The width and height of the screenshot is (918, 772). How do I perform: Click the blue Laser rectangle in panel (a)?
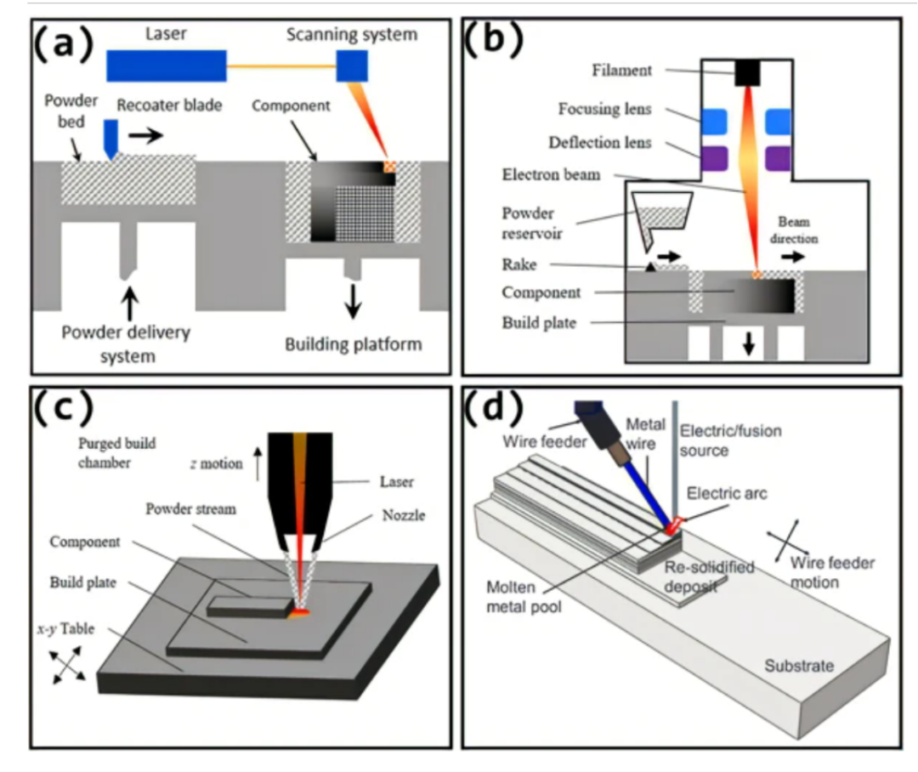[x=167, y=65]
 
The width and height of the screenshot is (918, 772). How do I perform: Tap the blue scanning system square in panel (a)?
[x=352, y=65]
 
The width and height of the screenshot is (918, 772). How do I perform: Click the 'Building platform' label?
[x=353, y=344]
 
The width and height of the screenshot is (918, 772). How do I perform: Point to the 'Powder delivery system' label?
[x=126, y=343]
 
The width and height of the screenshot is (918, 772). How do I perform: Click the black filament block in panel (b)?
[x=747, y=72]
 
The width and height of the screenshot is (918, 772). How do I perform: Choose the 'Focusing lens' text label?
[x=604, y=109]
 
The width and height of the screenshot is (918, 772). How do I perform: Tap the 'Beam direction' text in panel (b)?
[x=794, y=231]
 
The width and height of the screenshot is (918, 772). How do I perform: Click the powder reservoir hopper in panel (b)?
[x=662, y=213]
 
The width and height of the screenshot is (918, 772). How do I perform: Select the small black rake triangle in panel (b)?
[x=650, y=266]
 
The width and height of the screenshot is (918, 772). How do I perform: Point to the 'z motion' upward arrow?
[x=256, y=463]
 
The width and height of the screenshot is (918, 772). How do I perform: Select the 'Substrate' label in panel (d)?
[x=799, y=665]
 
